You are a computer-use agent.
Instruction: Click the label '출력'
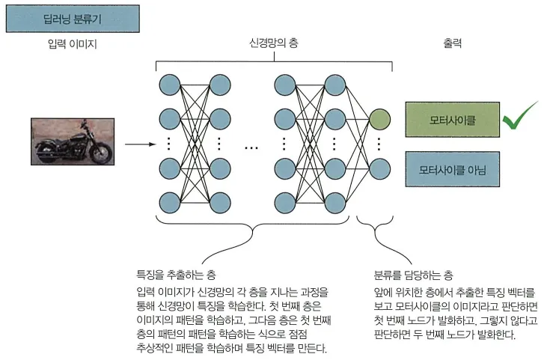pyautogui.click(x=452, y=43)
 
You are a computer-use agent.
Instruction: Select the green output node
pyautogui.click(x=379, y=118)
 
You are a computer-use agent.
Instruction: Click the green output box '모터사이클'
pyautogui.click(x=451, y=118)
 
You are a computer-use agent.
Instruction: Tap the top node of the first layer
pyautogui.click(x=168, y=83)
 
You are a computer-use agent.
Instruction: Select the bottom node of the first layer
pyautogui.click(x=168, y=201)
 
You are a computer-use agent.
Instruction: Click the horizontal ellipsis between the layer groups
pyautogui.click(x=251, y=147)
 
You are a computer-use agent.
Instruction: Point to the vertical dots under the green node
pyautogui.click(x=379, y=142)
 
